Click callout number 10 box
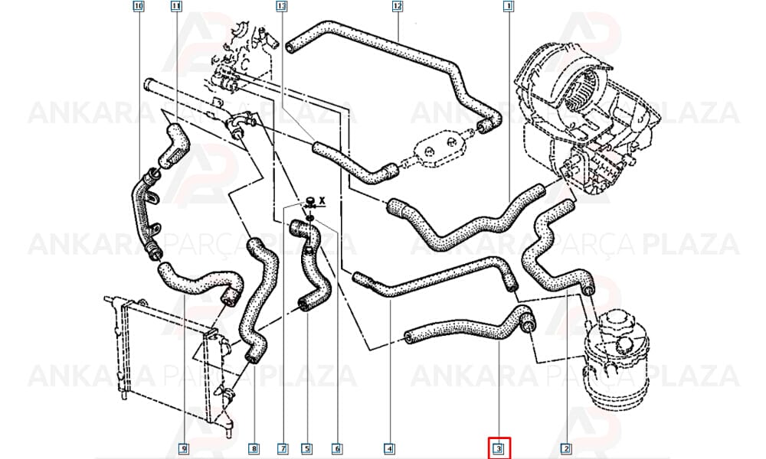(x=139, y=6)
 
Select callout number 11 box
(x=176, y=6)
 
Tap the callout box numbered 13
(x=281, y=6)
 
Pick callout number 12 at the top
(x=397, y=6)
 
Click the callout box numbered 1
(x=508, y=6)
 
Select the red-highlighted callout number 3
(x=499, y=448)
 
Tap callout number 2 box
(x=566, y=448)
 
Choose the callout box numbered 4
(x=389, y=448)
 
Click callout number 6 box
(x=336, y=448)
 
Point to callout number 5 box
(x=306, y=448)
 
